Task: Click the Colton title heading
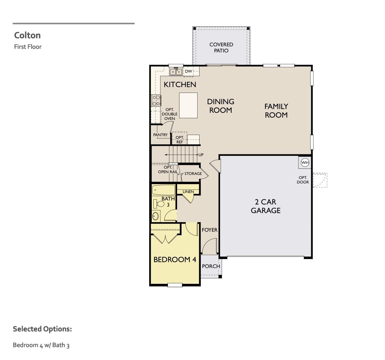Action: coord(27,35)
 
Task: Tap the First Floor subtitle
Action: coord(28,47)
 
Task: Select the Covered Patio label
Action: coord(221,48)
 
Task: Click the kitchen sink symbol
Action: coord(176,71)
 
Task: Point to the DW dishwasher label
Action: coord(188,71)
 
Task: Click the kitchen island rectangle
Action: coord(188,105)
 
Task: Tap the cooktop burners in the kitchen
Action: coord(156,100)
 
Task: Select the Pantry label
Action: coord(160,135)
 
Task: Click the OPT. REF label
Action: coord(180,140)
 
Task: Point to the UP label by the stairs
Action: coord(201,155)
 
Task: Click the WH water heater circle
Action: coord(305,163)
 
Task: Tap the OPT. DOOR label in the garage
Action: coord(303,180)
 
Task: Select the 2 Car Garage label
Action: coord(266,206)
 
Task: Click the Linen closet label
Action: coord(188,192)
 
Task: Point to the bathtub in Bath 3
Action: coord(164,190)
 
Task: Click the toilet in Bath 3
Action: coord(159,203)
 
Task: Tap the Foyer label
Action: coord(210,230)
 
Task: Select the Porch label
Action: coord(211,266)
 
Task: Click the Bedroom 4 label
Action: coord(175,259)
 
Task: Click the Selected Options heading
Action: coord(42,329)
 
